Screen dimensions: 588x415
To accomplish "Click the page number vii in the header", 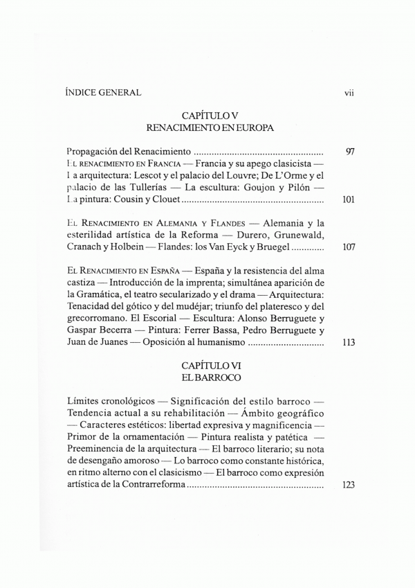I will tap(349, 93).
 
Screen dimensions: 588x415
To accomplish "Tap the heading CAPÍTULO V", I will tap(210, 115).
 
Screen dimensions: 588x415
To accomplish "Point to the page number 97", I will tap(349, 151).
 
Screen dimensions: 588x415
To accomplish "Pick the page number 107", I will tap(349, 248).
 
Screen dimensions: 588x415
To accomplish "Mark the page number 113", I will tap(349, 342).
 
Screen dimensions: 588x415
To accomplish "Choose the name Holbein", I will tap(142, 248).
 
